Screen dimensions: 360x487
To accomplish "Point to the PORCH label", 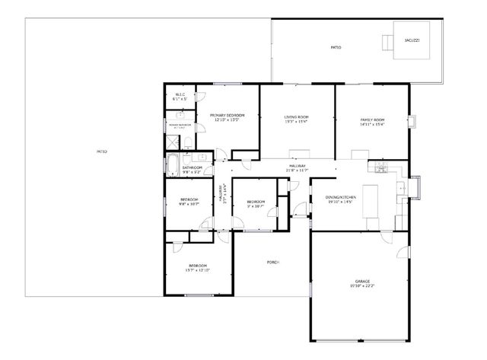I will point(273,262).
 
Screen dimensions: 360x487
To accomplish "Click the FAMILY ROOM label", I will point(372,119).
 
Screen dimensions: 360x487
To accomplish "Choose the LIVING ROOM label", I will point(295,116).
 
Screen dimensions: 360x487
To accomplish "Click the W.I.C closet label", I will point(180,94).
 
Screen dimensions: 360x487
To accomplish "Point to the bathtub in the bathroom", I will point(173,165).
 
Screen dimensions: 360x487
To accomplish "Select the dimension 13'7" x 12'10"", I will point(197,270).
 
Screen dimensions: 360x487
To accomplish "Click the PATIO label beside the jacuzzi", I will point(336,47).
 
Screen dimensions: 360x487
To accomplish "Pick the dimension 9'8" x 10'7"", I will point(189,204).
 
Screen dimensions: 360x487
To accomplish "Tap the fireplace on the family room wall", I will point(412,121).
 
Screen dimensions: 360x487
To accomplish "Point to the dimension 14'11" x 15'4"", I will point(372,124).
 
